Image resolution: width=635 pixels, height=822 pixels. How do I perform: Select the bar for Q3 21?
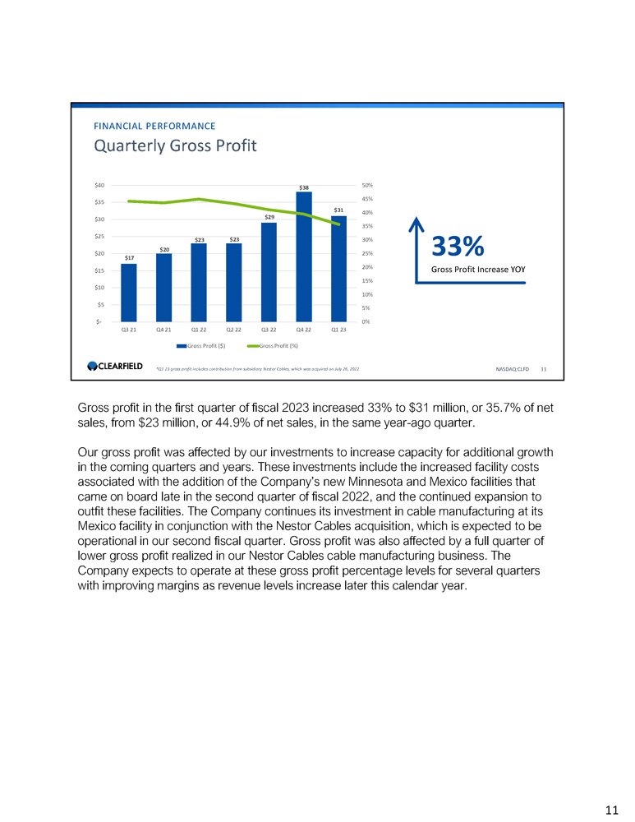[x=129, y=293]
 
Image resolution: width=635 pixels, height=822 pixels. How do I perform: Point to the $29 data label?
[x=269, y=217]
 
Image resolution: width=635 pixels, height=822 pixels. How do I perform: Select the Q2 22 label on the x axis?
[x=233, y=330]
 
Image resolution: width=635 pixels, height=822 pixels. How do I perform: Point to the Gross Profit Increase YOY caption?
[x=478, y=269]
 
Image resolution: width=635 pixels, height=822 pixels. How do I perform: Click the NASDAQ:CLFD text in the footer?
[x=513, y=369]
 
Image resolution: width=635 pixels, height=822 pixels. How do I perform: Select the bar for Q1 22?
[x=199, y=282]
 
